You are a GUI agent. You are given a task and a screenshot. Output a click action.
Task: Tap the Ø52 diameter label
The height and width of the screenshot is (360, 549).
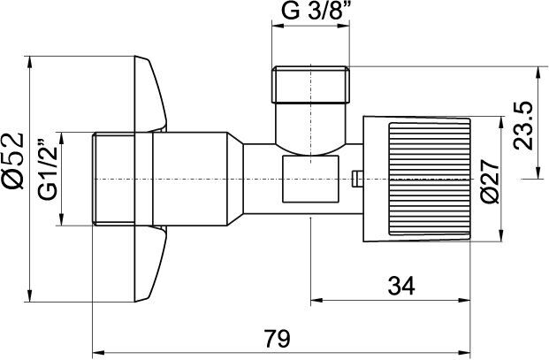(13, 161)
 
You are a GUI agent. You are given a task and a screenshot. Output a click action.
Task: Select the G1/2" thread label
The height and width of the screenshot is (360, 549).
(47, 170)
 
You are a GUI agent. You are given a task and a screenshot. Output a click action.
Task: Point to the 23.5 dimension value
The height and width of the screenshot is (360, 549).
(522, 126)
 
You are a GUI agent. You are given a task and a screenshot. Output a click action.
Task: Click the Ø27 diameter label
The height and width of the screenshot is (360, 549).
(489, 181)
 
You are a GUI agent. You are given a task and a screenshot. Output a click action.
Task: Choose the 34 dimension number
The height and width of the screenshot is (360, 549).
(401, 286)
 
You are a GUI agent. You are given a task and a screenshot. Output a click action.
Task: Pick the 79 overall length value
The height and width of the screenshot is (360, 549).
(277, 338)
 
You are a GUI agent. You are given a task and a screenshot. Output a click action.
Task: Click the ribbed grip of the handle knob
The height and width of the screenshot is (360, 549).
(430, 179)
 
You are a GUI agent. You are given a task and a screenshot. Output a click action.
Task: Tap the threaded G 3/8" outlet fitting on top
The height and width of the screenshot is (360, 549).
(311, 84)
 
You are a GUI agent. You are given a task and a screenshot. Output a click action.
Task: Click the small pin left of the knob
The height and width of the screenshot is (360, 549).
(357, 179)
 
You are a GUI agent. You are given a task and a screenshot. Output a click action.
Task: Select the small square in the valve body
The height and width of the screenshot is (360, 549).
(311, 179)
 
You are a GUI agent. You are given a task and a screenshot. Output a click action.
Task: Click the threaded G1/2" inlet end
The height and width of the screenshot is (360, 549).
(113, 179)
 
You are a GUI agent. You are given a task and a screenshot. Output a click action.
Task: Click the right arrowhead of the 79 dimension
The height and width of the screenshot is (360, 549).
(465, 352)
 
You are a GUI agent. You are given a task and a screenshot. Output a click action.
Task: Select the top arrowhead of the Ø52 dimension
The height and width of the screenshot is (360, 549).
(30, 62)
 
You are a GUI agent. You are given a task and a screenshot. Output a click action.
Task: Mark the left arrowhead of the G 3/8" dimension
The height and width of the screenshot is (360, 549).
(278, 26)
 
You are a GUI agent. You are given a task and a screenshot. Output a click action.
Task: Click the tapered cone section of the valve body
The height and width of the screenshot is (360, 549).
(235, 179)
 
